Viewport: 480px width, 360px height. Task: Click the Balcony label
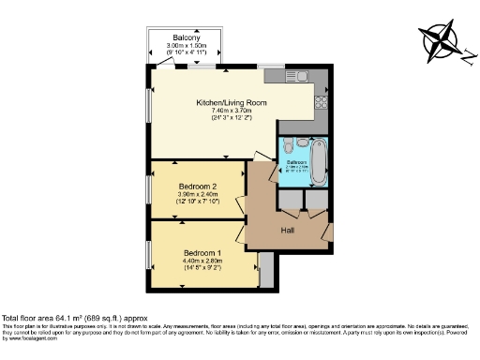[x=185, y=37]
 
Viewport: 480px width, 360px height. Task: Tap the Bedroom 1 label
[x=203, y=254]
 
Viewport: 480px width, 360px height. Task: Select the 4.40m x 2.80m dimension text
[x=203, y=262]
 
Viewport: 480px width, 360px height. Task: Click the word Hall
[x=290, y=230]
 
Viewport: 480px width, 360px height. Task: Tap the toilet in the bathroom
[x=287, y=146]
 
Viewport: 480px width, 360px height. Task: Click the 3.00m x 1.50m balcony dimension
[x=185, y=46]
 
